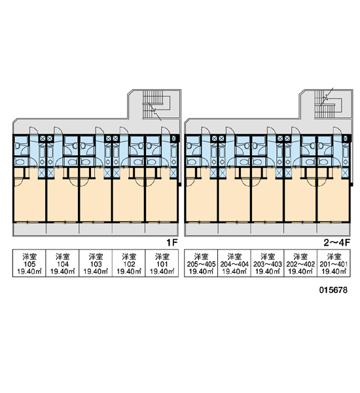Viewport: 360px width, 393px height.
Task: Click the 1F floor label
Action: tap(172, 242)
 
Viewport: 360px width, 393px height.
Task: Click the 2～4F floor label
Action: tap(336, 242)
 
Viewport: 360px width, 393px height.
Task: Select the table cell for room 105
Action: tap(29, 263)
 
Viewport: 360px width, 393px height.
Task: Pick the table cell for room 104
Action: tap(62, 263)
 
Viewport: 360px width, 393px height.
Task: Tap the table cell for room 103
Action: tap(96, 263)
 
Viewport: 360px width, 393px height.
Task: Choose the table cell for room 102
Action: tap(129, 263)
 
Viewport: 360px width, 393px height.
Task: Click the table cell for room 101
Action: tap(162, 263)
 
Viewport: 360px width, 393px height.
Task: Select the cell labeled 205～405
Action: tap(201, 263)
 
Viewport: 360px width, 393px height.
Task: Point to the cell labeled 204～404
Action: tap(234, 263)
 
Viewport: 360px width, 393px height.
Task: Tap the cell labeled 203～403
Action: tap(267, 263)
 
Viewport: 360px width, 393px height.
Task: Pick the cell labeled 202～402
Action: tap(300, 263)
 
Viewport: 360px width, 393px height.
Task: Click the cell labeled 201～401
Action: tap(334, 263)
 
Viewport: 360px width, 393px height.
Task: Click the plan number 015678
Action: tap(333, 290)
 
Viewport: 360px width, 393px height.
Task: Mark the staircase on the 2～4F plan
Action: tap(328, 105)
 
